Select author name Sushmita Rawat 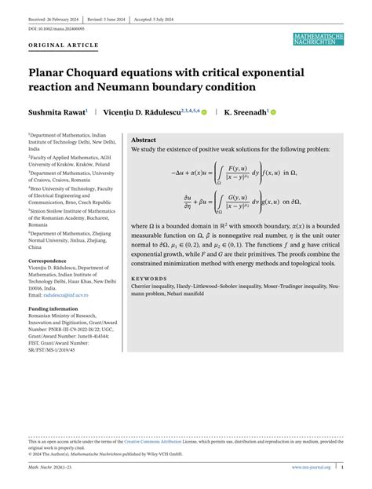[57, 113]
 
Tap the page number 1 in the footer [341, 467]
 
